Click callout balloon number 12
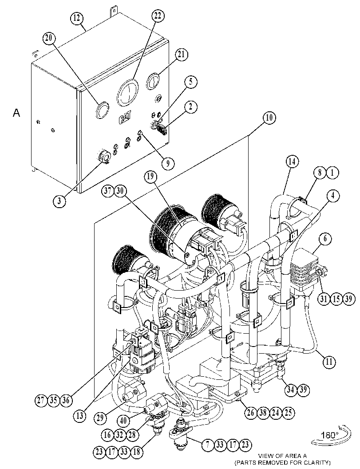click(x=77, y=18)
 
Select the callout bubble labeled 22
click(x=158, y=16)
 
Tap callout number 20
click(x=49, y=38)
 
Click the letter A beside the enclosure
click(x=16, y=113)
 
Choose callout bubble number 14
click(x=292, y=162)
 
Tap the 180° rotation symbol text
click(x=330, y=435)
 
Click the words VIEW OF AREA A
click(x=282, y=456)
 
